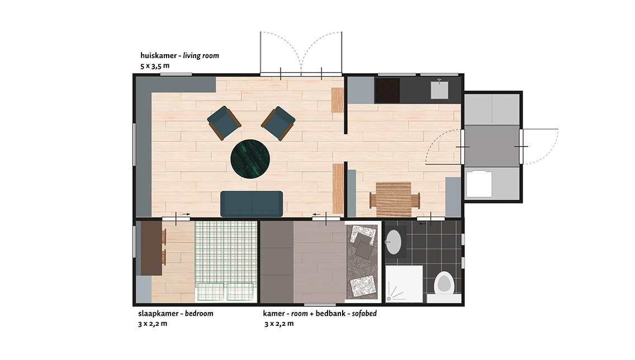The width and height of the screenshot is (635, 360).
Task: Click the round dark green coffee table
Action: [250, 159]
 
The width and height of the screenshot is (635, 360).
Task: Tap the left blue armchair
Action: [224, 122]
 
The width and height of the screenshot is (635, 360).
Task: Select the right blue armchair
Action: [278, 123]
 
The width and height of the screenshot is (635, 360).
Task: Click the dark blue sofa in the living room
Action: [252, 203]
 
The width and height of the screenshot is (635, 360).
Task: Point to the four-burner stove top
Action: [387, 91]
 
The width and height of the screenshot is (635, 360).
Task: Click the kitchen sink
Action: [439, 89]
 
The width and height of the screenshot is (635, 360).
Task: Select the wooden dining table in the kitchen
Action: [394, 199]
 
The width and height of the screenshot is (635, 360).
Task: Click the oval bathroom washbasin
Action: [394, 242]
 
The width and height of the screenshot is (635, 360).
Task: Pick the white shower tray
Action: [404, 283]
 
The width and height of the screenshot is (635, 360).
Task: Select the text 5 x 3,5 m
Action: [155, 66]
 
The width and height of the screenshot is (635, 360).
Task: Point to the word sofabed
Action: [364, 314]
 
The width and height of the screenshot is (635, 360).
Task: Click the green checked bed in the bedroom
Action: [226, 261]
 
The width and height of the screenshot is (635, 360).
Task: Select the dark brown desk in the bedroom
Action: [151, 248]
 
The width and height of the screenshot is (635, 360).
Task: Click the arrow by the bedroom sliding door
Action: [186, 214]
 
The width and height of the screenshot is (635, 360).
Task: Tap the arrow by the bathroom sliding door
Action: [422, 223]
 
